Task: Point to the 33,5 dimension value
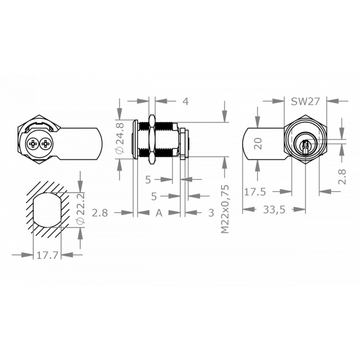point(275,210)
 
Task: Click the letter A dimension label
point(158,213)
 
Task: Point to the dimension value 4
point(186,101)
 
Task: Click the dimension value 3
point(211,213)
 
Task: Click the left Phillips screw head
point(33,145)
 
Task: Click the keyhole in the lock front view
point(305,146)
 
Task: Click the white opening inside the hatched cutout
point(47,212)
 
